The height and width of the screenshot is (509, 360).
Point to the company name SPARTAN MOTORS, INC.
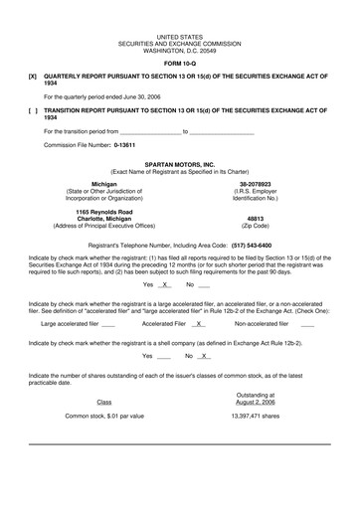179,163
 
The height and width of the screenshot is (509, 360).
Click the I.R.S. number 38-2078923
255,184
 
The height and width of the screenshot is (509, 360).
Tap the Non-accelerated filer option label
267,323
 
